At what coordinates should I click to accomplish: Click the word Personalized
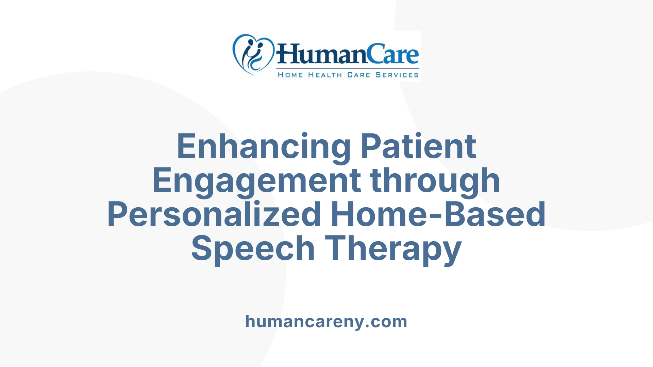tap(214, 214)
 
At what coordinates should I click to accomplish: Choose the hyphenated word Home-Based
tap(438, 214)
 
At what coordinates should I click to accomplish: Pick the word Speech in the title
tap(253, 248)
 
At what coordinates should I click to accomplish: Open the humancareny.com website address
tap(326, 321)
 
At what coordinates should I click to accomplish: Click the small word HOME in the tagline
tap(290, 75)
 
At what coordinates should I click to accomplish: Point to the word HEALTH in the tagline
tap(325, 75)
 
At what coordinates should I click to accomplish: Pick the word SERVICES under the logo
tap(397, 75)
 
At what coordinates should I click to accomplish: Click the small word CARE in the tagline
tap(358, 75)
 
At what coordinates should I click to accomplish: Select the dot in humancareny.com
tap(367, 326)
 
